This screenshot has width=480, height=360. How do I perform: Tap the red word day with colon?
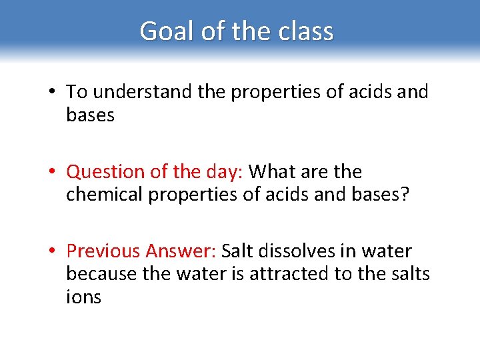click(225, 172)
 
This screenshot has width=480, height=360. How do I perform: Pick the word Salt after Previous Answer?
click(237, 251)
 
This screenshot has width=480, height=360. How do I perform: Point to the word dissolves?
click(297, 251)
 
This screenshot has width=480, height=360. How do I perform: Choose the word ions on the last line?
click(83, 297)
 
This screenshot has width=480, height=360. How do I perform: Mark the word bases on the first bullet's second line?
click(91, 115)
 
